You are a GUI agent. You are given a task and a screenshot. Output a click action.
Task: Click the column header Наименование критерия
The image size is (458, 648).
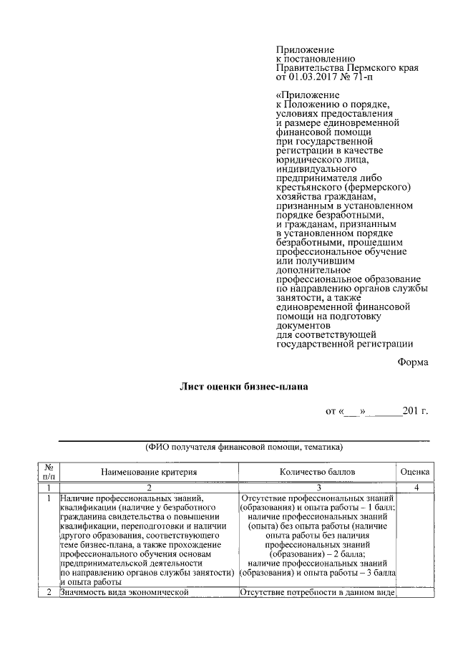[148, 473]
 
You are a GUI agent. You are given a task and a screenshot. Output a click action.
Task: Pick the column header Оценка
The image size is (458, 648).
[414, 473]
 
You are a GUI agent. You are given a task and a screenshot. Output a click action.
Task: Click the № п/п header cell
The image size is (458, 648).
[49, 473]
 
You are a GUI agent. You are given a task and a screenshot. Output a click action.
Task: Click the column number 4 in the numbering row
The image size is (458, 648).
[414, 488]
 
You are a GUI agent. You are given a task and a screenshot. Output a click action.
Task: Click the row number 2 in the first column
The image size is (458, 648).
[49, 592]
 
